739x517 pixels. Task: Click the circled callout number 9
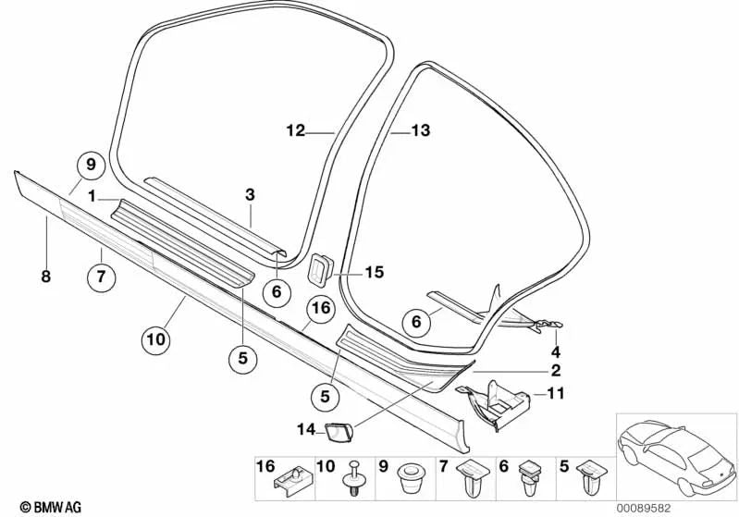click(91, 166)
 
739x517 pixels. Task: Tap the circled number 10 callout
click(156, 340)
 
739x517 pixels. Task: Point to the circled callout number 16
click(320, 308)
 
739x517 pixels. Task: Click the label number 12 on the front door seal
click(295, 132)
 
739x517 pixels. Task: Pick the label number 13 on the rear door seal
click(421, 132)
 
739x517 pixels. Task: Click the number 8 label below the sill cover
click(44, 275)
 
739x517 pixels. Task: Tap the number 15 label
click(373, 273)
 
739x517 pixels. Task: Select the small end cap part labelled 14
click(333, 428)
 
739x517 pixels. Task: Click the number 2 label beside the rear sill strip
click(556, 371)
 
